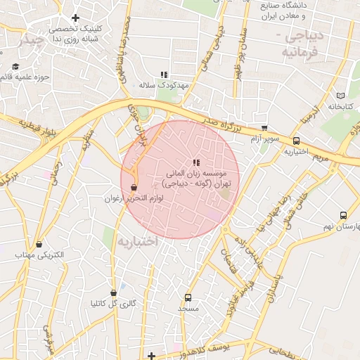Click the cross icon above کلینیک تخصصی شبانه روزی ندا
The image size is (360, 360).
(x=75, y=18)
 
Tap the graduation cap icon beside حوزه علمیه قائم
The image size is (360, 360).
(x=15, y=67)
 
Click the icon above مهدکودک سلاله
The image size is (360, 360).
(x=165, y=74)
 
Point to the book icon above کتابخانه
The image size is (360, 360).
(x=341, y=95)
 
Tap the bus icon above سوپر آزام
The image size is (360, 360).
(x=264, y=128)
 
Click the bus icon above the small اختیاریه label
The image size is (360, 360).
(x=296, y=141)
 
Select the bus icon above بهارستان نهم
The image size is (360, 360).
(x=343, y=216)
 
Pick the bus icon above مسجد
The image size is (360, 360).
(x=188, y=297)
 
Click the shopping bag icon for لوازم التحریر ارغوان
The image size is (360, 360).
(x=134, y=188)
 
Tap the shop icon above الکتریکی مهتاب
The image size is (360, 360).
(x=39, y=243)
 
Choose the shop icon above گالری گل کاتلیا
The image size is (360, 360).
(x=113, y=292)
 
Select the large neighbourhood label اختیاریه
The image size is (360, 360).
(x=139, y=241)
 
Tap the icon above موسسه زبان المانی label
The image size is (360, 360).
(x=195, y=162)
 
